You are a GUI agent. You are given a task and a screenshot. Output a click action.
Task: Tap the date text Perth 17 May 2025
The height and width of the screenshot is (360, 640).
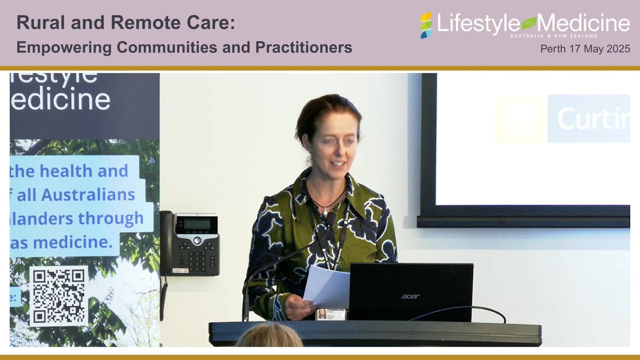(x=585, y=49)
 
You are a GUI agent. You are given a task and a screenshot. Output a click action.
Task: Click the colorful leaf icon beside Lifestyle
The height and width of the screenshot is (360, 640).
(x=426, y=25)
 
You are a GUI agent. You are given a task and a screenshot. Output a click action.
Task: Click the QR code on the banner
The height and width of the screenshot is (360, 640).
(x=58, y=295)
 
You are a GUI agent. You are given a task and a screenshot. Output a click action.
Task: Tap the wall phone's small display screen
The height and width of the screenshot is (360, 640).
(x=193, y=224)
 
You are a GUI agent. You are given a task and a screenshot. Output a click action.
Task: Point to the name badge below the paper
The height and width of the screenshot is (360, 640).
(x=330, y=314)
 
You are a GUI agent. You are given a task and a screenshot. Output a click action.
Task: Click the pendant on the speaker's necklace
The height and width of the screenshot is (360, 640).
(x=324, y=212)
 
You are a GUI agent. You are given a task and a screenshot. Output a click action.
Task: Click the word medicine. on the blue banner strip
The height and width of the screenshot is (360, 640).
(x=79, y=242)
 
